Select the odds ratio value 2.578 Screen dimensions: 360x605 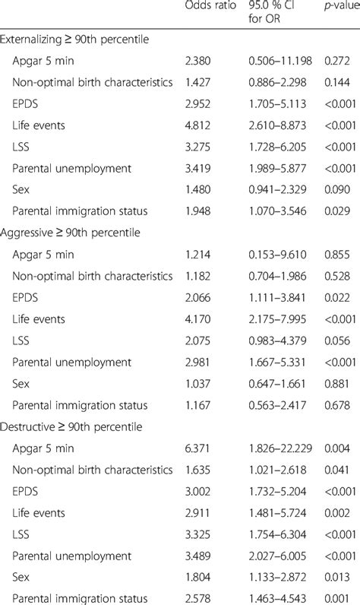click(x=199, y=593)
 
